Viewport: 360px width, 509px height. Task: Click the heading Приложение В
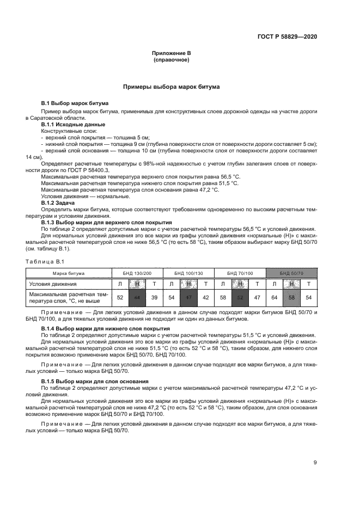tap(171, 53)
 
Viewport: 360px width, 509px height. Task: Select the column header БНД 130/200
tap(137, 272)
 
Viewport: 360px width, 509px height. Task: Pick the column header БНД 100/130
tap(188, 272)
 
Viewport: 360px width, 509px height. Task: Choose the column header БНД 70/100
tap(240, 272)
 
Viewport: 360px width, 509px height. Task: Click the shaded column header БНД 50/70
tap(291, 272)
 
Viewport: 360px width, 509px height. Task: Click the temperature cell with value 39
tap(154, 298)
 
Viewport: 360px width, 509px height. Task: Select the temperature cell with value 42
tap(205, 298)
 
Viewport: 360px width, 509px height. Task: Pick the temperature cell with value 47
tap(257, 298)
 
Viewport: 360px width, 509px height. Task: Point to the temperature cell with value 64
tap(274, 298)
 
